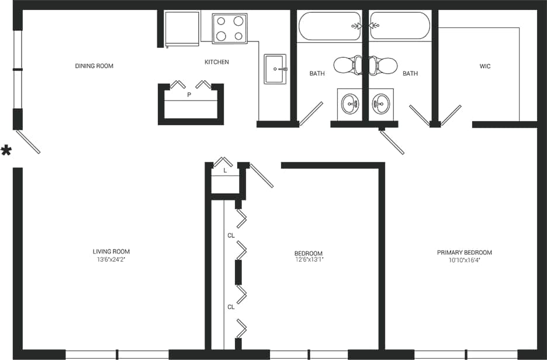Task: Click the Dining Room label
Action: point(94,66)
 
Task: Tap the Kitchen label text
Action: point(216,62)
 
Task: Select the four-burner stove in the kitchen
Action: point(230,28)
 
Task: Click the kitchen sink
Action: point(275,69)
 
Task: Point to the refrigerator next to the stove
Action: point(182,28)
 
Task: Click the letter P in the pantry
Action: point(189,94)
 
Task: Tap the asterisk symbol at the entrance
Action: point(6,151)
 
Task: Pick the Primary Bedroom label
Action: point(465,252)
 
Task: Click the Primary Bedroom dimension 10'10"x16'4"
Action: point(465,259)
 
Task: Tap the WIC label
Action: point(485,66)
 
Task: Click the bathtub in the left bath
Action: point(330,26)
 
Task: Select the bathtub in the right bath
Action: point(400,26)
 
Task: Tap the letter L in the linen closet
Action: point(225,171)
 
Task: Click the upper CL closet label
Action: point(231,236)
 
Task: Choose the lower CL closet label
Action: point(231,306)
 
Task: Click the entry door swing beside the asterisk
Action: point(28,142)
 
